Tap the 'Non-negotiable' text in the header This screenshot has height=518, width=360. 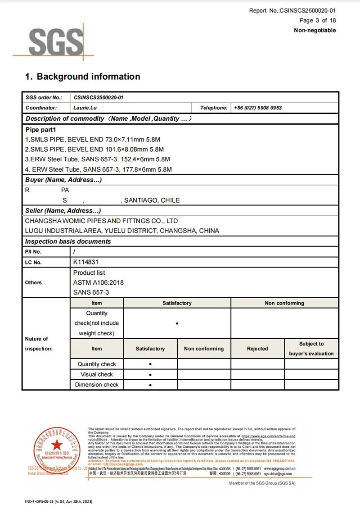(315, 30)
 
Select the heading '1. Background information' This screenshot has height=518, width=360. (82, 77)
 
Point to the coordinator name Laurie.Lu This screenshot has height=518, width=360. (85, 108)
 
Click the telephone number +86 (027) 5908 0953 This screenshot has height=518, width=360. (258, 108)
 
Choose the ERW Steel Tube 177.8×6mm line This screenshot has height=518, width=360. (98, 169)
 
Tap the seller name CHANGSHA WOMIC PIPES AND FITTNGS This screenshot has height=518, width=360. (101, 221)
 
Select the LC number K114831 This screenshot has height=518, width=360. (86, 262)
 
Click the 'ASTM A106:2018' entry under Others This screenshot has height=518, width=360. (98, 282)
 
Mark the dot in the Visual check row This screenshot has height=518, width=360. (150, 375)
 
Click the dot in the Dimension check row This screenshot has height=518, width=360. (150, 385)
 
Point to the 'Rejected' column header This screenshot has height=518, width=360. (257, 349)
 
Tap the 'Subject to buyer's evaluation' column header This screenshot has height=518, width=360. (311, 349)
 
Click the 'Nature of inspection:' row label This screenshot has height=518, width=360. (39, 344)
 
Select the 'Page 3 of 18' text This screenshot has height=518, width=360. (318, 20)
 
